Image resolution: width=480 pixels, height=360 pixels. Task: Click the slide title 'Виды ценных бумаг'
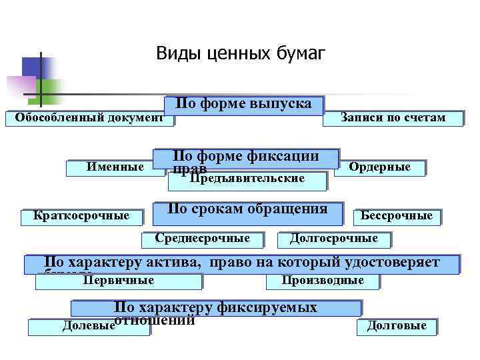coord(241,53)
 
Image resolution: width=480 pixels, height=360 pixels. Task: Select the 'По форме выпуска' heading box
coord(243,105)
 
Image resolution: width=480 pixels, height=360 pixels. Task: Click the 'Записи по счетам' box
coord(392,118)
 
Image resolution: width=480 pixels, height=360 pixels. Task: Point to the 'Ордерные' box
coord(380,167)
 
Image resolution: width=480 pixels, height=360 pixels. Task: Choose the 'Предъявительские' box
coord(247,179)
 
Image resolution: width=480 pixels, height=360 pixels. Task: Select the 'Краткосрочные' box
coord(82,216)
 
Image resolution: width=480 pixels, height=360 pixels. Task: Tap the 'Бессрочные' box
coord(397,216)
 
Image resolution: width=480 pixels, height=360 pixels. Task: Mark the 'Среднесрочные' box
coord(203,239)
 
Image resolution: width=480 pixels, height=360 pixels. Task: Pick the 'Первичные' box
coord(119,281)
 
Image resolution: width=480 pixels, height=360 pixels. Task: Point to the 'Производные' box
coord(323,281)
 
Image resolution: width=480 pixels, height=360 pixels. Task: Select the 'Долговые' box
coord(397,326)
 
